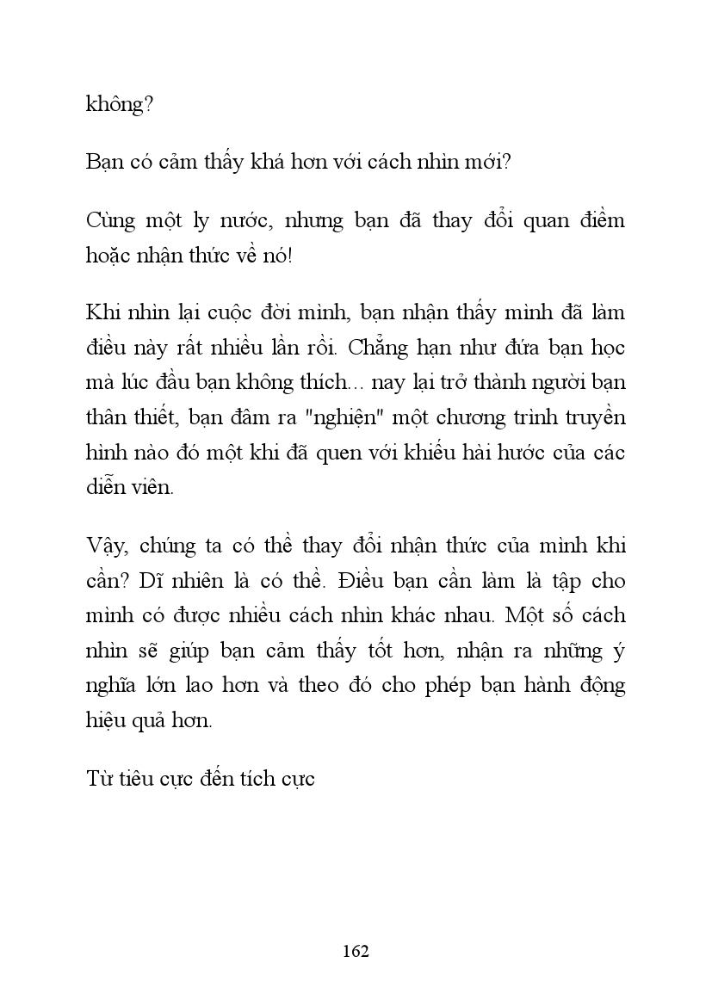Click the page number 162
coord(356,951)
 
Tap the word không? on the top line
coord(120,105)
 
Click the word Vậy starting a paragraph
coord(107,546)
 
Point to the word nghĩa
coord(113,686)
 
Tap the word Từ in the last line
coord(100,779)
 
